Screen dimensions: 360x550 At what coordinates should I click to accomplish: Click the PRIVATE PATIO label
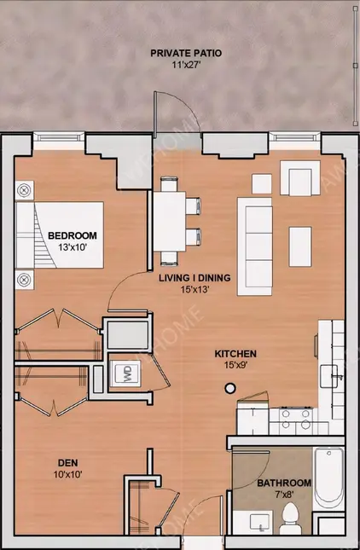coord(186,54)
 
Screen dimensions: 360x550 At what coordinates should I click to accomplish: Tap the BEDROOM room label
coord(73,235)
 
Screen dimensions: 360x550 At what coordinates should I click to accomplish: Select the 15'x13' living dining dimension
coord(195,289)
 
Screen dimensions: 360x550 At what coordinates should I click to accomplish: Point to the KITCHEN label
coord(235,354)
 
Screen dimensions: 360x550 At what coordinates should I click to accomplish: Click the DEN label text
coord(68,463)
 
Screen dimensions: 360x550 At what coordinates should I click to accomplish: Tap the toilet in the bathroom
coord(290,518)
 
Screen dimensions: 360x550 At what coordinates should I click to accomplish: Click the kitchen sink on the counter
coord(329,376)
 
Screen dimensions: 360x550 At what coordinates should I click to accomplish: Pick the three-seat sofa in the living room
coord(255,246)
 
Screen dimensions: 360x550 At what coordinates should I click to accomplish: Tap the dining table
coord(169,221)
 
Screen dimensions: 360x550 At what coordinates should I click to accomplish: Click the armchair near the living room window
coord(300,178)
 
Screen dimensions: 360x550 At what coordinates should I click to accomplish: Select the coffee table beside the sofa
coord(300,246)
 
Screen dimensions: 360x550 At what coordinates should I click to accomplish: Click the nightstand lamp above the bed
coord(24,191)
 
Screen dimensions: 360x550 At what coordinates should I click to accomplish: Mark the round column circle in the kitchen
coord(229,388)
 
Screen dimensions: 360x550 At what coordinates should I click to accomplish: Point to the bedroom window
coord(59,137)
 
